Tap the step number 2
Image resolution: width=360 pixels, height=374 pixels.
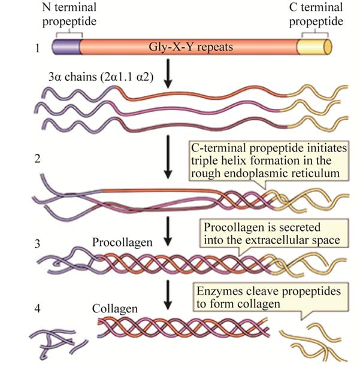point(40,160)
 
